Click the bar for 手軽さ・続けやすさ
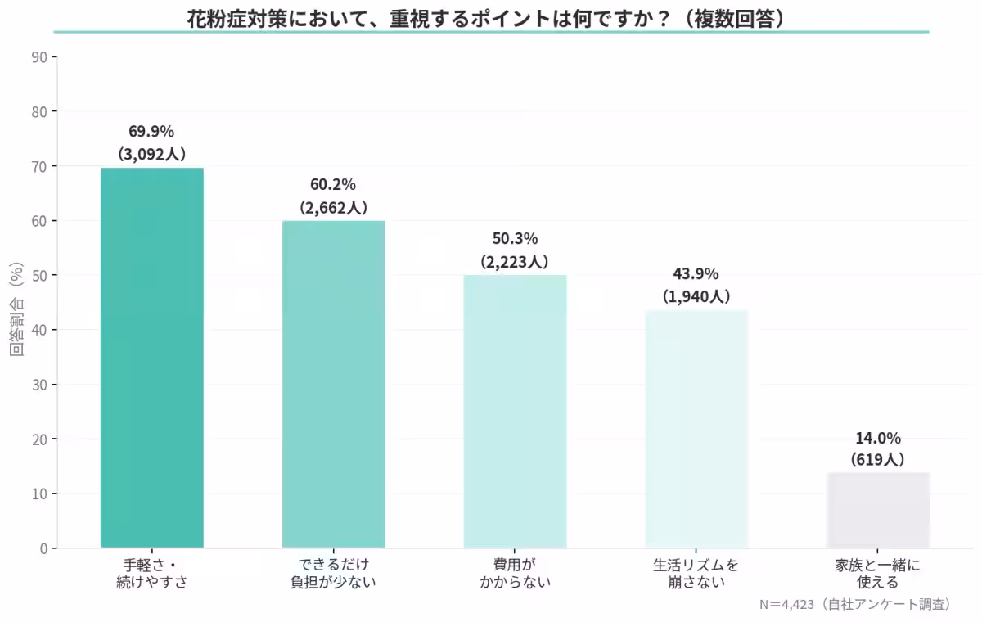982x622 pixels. [152, 358]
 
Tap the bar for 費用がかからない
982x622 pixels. [515, 411]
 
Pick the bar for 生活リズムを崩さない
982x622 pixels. [696, 429]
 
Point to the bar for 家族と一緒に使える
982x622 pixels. [878, 510]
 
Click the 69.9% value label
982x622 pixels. [151, 131]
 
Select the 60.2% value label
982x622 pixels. [333, 185]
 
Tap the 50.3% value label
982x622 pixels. [515, 239]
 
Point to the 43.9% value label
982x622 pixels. [696, 274]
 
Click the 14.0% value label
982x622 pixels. [878, 438]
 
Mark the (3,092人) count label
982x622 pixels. [151, 153]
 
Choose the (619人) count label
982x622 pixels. [878, 459]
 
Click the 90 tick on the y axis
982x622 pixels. [39, 57]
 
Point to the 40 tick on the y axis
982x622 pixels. [39, 330]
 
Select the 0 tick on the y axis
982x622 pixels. [43, 548]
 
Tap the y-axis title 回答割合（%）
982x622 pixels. [16, 309]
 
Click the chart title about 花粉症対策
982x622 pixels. [491, 18]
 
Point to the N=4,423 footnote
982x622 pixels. [855, 605]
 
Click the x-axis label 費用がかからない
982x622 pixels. [515, 574]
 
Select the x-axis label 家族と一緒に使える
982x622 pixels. [878, 574]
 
